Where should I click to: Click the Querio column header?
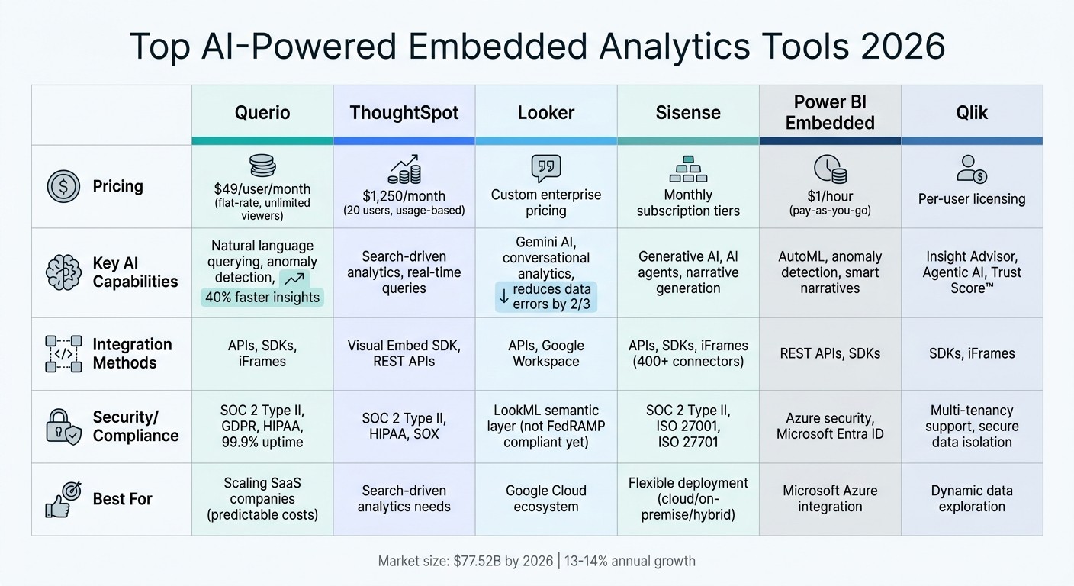[x=262, y=113]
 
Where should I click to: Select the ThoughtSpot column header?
[x=404, y=113]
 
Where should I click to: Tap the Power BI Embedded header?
[x=830, y=112]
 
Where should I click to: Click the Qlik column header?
[x=972, y=113]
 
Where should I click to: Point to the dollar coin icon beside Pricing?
[x=63, y=186]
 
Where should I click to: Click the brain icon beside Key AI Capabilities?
[x=63, y=272]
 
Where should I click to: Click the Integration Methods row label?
[x=132, y=353]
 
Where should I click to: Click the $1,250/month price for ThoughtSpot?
[x=404, y=195]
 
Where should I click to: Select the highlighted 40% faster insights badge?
[x=262, y=297]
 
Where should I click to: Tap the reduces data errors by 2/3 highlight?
[x=546, y=298]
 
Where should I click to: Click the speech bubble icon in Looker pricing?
[x=546, y=168]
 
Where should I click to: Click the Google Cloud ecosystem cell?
[x=546, y=499]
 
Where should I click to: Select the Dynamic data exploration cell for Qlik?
[x=972, y=499]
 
